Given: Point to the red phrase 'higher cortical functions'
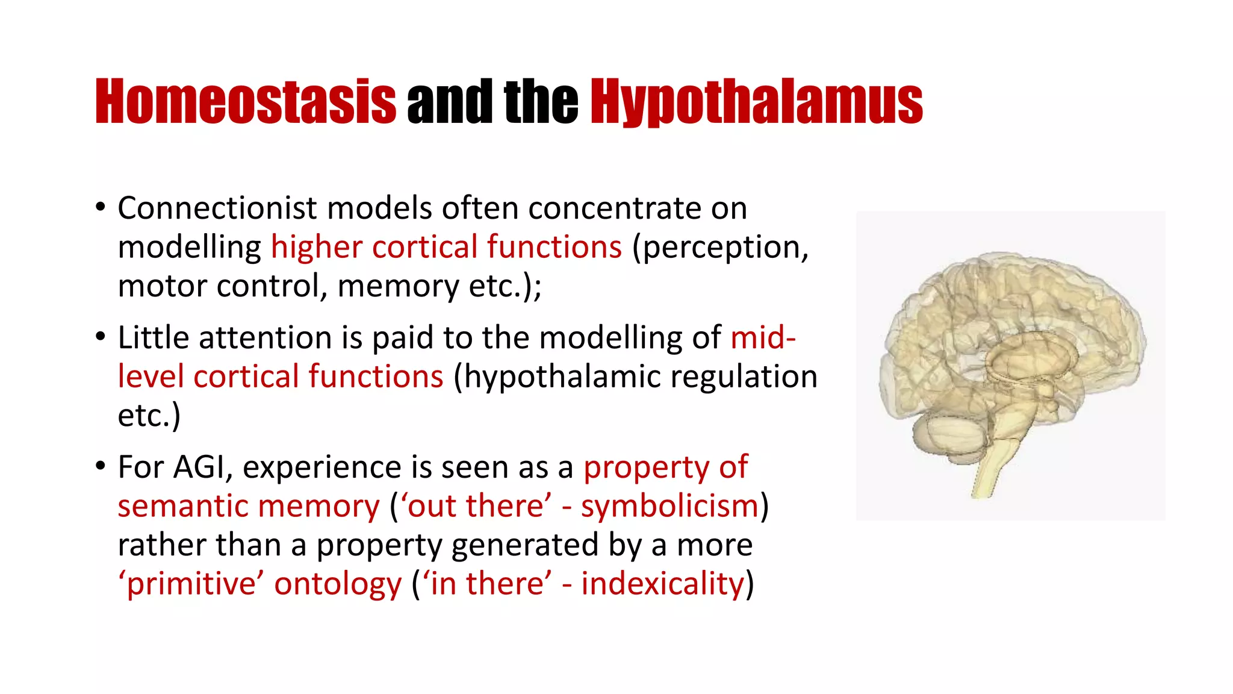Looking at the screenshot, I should [x=446, y=247].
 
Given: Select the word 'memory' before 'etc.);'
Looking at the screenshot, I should [x=398, y=287].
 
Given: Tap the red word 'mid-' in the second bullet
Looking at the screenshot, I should [x=763, y=337].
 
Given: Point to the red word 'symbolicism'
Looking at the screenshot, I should [x=669, y=506].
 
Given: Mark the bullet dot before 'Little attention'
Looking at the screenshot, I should [x=101, y=337].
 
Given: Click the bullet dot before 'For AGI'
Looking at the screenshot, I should [x=101, y=466].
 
